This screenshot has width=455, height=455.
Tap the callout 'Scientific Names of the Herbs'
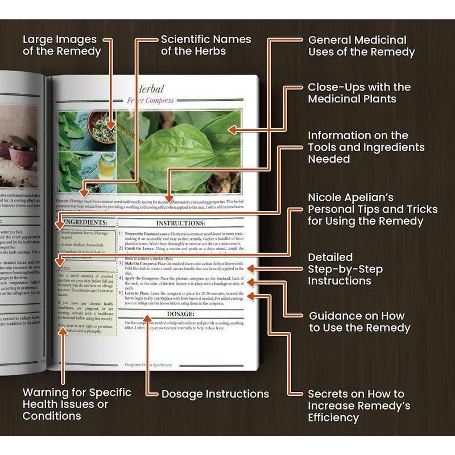point(205,45)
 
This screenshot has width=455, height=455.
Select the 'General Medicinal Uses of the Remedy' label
point(361,46)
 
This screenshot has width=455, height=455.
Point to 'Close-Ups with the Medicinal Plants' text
point(359,93)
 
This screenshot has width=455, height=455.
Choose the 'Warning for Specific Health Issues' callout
point(77,404)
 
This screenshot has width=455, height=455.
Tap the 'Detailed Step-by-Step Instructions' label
point(345,269)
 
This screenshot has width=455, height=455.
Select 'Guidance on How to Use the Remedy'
point(359,321)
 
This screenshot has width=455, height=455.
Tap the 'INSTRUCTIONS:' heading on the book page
point(180,223)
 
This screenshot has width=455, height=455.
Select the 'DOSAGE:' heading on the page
point(181,313)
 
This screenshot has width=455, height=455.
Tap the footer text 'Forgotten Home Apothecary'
point(148,365)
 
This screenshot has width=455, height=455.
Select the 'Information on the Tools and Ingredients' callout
point(366,147)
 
